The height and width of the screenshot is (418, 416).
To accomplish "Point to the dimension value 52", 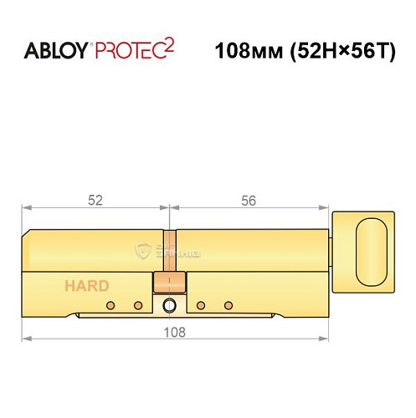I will (x=95, y=200).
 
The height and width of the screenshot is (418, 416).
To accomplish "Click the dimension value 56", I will (x=248, y=200).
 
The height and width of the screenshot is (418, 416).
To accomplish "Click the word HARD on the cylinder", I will (x=87, y=286).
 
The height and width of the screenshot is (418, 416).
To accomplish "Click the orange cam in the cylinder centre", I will (x=168, y=280).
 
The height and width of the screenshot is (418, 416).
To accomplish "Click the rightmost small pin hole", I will (x=228, y=305).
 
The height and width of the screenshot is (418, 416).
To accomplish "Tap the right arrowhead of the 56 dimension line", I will (x=327, y=208).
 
